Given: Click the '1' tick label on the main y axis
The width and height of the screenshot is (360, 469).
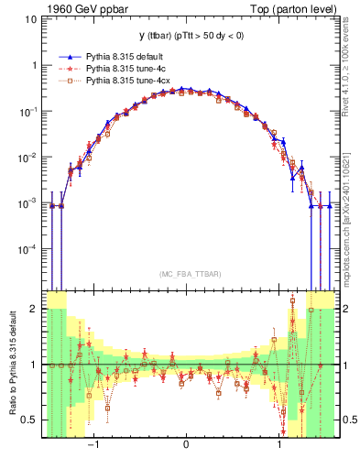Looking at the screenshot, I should tap(34, 66).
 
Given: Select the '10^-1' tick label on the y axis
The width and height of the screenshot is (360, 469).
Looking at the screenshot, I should tap(28, 111).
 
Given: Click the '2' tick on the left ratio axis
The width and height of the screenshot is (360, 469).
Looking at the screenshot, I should tap(34, 309).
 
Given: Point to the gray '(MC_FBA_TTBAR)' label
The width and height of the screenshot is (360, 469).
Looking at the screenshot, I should tap(187, 274).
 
